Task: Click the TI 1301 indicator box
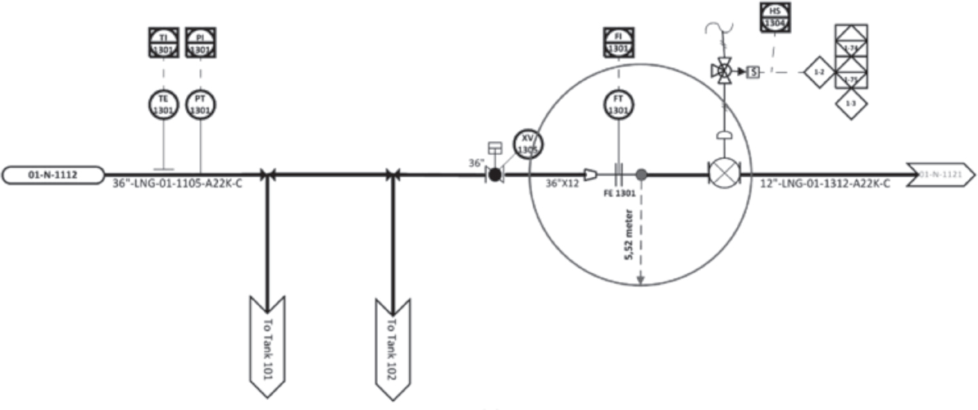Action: [x=164, y=43]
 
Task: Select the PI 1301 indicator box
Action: [x=200, y=43]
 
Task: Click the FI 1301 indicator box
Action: [x=618, y=43]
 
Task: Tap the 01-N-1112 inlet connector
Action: [x=53, y=175]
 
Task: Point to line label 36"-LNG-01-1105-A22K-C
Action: [x=177, y=184]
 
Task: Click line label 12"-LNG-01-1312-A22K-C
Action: [x=824, y=184]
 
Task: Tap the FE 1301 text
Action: [x=619, y=192]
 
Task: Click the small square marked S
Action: [x=752, y=71]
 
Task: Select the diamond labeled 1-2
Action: [x=819, y=72]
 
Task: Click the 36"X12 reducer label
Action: [x=563, y=184]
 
